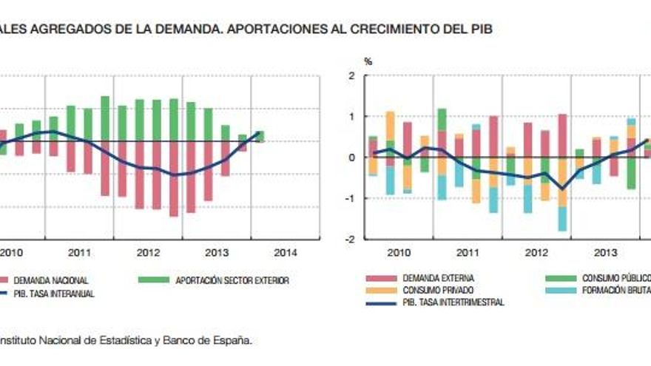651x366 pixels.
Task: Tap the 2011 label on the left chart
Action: click(79, 252)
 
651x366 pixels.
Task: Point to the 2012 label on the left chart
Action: click(148, 252)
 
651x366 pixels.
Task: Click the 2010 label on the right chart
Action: click(398, 252)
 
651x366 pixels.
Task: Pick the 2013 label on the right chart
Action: click(604, 252)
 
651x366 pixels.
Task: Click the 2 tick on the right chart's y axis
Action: click(351, 76)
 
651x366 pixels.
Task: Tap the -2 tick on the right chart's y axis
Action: click(349, 240)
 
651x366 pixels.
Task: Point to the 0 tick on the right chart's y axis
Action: click(351, 158)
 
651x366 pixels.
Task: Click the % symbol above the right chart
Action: click(367, 61)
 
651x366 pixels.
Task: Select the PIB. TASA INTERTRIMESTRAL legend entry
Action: click(453, 302)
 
